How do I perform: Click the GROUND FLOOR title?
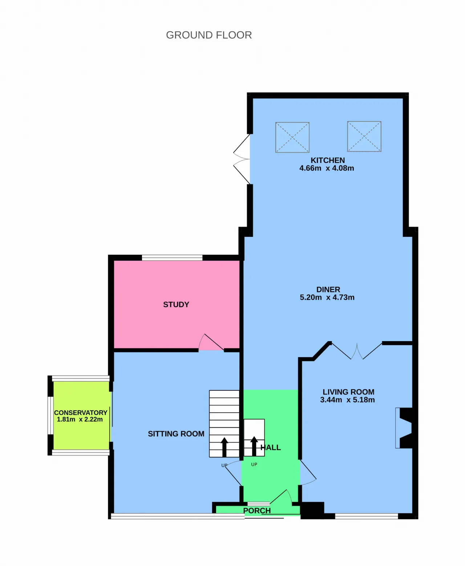209,35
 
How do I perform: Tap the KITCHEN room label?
328,160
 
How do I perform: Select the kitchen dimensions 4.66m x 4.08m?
327,168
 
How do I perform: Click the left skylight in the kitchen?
292,138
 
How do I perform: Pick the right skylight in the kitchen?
364,137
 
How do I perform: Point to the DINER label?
328,290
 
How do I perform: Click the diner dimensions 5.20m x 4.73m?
327,298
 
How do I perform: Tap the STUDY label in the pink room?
176,305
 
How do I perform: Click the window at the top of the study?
172,258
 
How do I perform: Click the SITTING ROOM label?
176,434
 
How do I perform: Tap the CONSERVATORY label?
81,413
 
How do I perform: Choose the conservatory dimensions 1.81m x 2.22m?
80,419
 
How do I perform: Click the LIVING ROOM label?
348,392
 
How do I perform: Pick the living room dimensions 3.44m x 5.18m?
347,400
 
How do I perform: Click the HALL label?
271,447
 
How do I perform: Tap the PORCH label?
257,511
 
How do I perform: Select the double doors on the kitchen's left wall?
242,159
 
